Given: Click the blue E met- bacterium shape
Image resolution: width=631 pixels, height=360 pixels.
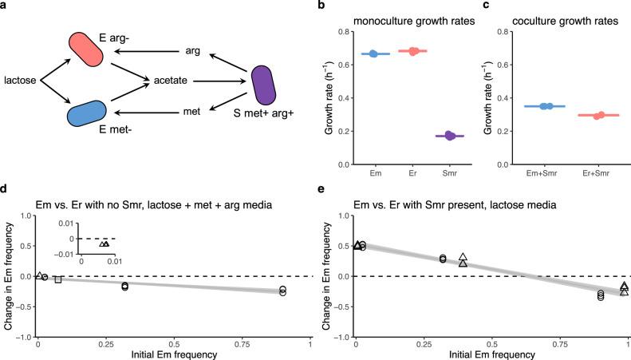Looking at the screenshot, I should click(86, 113).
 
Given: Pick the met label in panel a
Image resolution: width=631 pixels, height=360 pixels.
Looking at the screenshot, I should click(191, 113).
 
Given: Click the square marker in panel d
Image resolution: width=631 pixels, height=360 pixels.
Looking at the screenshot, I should click(58, 279).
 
